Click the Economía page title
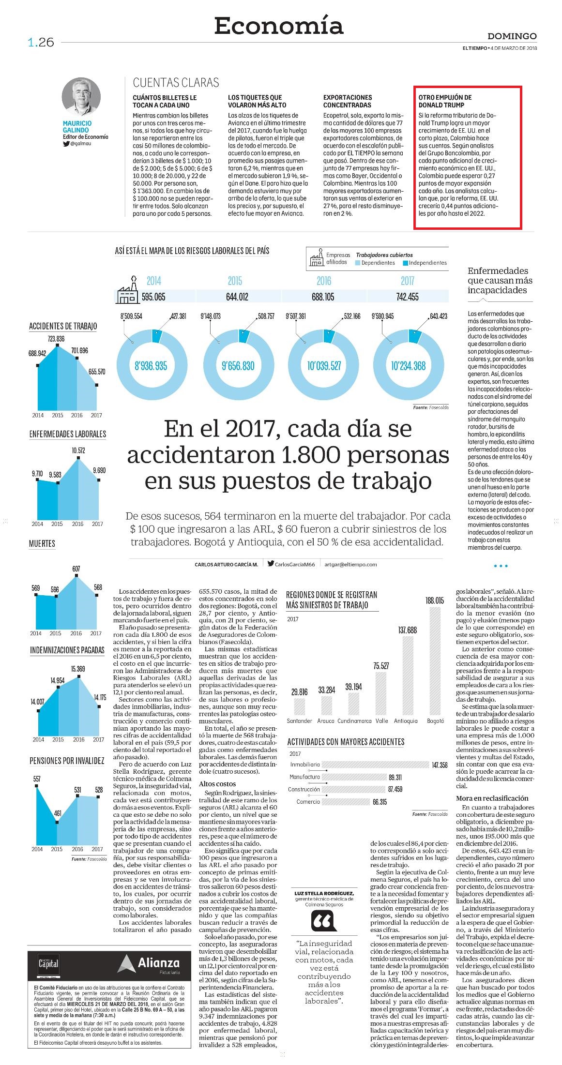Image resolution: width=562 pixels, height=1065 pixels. pos(279,26)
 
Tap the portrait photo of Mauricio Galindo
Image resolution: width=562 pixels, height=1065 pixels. pos(81,96)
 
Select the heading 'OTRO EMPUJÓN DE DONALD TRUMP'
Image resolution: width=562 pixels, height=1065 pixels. pos(445,101)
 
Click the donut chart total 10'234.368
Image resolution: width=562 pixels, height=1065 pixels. pos(408,366)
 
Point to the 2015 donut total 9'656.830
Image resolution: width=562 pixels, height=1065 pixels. pos(237,366)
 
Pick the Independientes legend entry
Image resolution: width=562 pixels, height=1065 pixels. pos(425,263)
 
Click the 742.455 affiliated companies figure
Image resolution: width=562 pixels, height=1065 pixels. pos(407,297)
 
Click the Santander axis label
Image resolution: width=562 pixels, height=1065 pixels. pos(299,721)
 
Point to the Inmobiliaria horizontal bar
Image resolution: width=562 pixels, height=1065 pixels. pos(376,765)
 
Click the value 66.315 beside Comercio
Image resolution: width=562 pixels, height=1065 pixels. pos(380,802)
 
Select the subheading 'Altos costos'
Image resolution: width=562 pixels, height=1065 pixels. pos(217,783)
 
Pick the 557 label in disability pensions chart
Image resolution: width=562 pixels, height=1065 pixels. pos(37,779)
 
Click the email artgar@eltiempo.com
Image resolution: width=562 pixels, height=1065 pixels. pos(350,564)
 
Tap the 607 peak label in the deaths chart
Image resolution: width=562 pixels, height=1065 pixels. pos(76,569)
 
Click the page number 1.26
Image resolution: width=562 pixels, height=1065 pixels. pos(41,43)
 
